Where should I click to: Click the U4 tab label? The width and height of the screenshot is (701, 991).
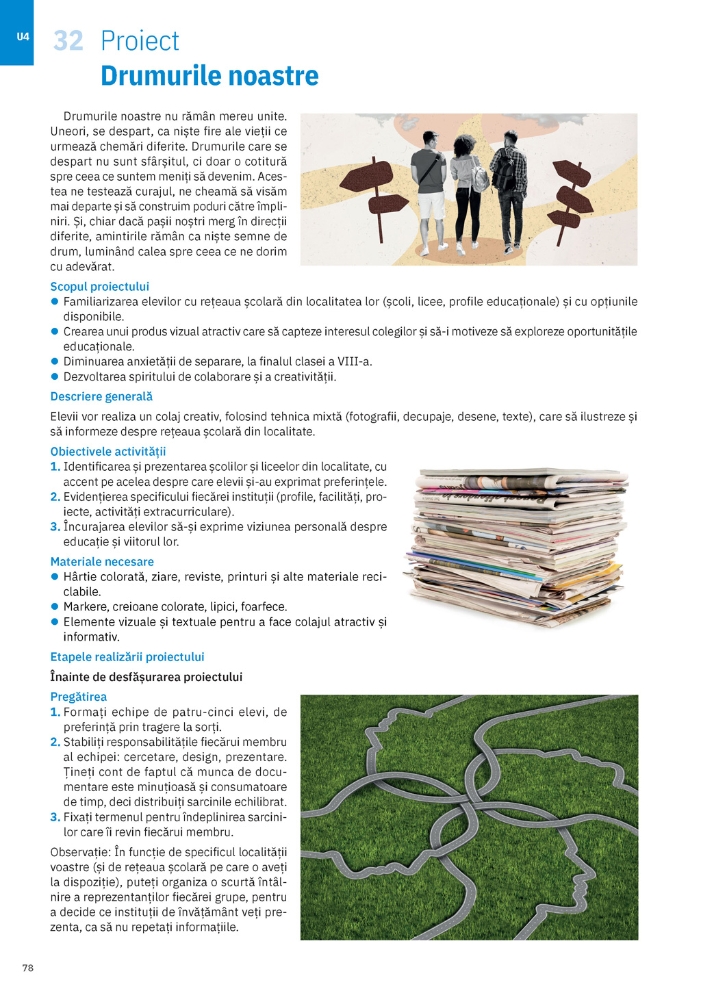pos(23,37)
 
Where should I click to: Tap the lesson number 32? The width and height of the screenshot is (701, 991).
pos(68,41)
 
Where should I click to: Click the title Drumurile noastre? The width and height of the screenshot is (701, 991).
pos(209,76)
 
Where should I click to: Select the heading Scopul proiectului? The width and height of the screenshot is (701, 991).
pos(99,287)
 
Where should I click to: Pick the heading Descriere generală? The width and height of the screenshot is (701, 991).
pos(101,397)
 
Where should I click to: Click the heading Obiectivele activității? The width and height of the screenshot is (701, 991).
pos(108,452)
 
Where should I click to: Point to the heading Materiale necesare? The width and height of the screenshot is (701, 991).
pos(102,562)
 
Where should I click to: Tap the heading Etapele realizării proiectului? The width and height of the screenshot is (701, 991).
pos(127,657)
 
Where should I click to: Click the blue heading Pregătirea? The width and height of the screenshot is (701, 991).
pos(79,697)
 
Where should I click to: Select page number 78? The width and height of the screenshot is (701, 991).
pos(28,968)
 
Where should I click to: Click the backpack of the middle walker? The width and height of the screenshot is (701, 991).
pos(479,177)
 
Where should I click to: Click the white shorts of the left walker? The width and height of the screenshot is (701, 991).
pos(432,205)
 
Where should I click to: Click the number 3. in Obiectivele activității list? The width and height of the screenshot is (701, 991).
pos(55,527)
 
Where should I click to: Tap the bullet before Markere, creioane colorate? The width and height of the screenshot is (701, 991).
pos(55,606)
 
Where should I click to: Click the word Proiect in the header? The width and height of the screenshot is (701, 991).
pos(140,41)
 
